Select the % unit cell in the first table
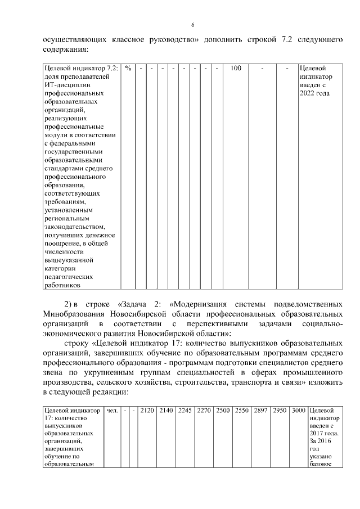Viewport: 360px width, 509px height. pos(129,68)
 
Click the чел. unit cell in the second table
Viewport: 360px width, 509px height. pos(111,410)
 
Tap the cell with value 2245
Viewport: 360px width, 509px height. pos(185,410)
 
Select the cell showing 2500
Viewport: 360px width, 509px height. pos(223,410)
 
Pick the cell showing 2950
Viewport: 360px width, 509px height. pos(280,410)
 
